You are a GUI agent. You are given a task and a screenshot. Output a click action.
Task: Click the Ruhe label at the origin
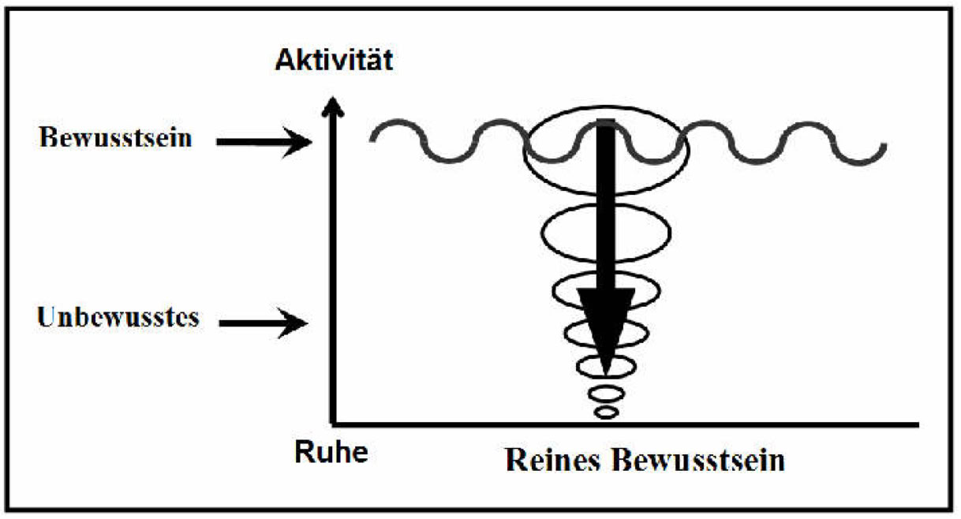click(x=331, y=454)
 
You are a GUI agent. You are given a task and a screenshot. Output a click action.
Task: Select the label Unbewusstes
click(x=118, y=318)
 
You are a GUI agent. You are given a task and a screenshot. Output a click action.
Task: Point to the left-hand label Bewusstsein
click(x=114, y=140)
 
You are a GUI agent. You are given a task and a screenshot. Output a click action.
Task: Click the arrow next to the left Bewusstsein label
click(x=265, y=142)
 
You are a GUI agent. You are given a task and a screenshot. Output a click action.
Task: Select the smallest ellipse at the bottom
click(x=605, y=412)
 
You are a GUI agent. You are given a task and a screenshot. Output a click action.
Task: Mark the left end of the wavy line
click(x=372, y=138)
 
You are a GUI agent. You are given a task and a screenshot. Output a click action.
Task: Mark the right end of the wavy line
click(x=886, y=147)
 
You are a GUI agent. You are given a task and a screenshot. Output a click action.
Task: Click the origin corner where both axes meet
click(x=335, y=424)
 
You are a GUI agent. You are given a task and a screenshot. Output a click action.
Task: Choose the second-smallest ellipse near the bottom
click(x=606, y=392)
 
